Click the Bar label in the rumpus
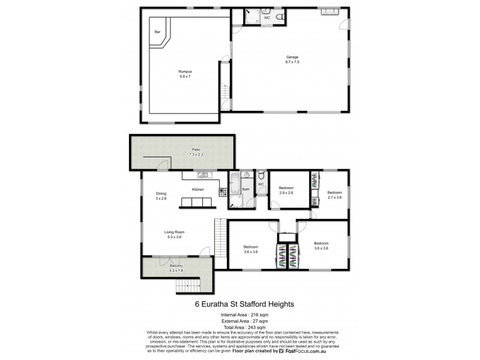click(158, 32)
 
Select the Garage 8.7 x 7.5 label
click(292, 59)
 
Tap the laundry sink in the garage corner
click(329, 11)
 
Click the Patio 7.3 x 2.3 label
click(195, 152)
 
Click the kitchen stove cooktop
click(223, 192)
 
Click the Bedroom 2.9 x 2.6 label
click(286, 190)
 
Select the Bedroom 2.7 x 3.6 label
click(334, 194)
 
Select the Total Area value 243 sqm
click(254, 326)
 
